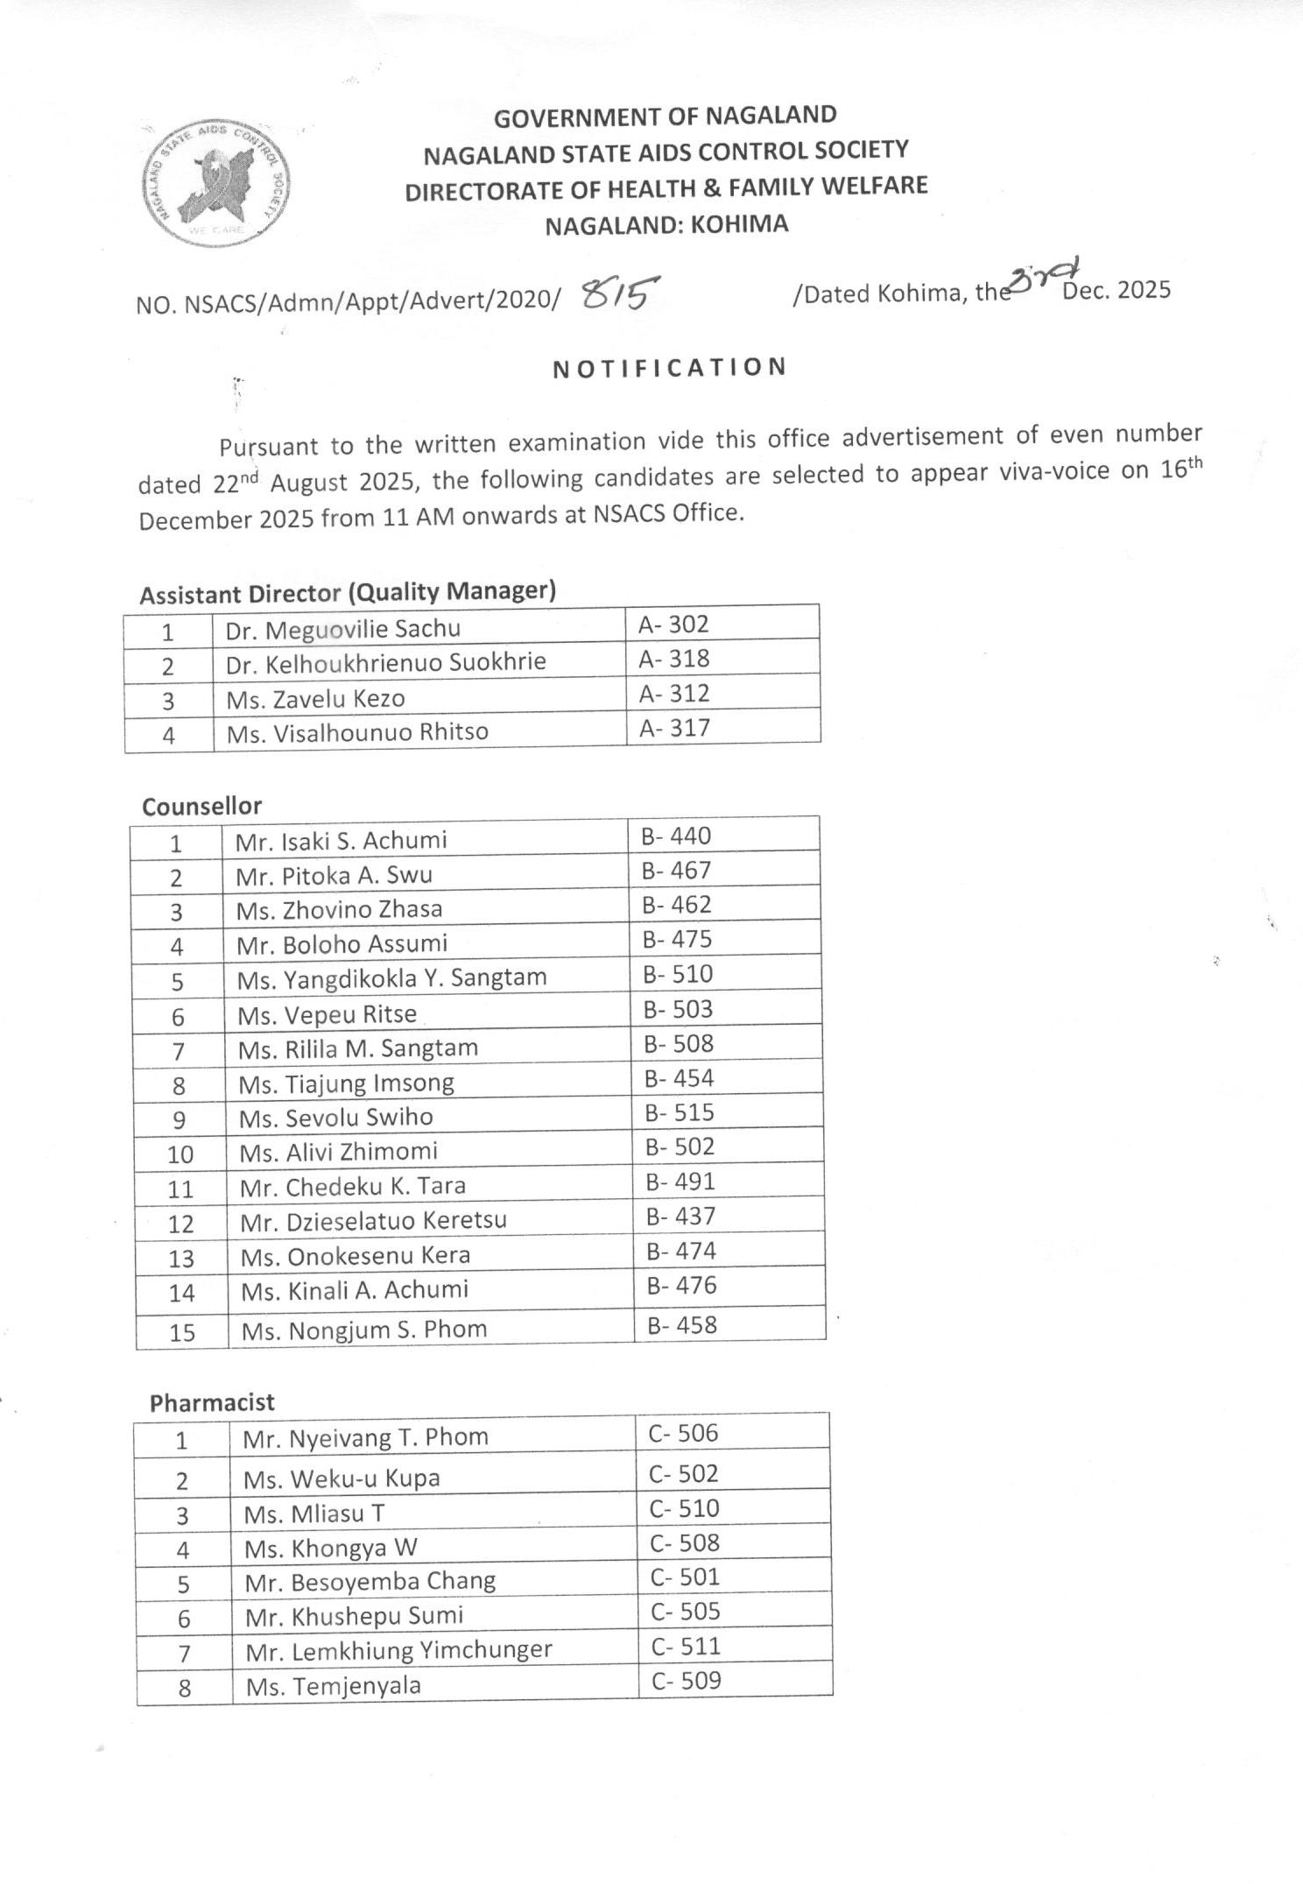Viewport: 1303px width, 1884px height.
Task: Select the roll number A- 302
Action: click(673, 624)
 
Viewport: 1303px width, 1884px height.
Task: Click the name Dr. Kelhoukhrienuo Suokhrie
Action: click(385, 663)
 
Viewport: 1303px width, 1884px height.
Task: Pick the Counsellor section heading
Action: click(201, 806)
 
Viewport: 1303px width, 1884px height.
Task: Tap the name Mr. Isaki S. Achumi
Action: click(341, 841)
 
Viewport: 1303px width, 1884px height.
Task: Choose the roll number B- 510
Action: click(678, 974)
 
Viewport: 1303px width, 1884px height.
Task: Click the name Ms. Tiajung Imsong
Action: click(346, 1083)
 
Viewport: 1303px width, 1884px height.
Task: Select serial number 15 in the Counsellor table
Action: click(182, 1332)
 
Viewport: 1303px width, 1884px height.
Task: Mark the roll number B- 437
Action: click(680, 1216)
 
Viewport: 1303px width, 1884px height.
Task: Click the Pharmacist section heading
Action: click(212, 1402)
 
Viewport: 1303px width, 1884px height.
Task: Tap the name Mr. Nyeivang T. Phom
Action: click(365, 1437)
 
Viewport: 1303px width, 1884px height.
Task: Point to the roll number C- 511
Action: click(686, 1646)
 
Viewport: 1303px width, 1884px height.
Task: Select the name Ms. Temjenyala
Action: click(333, 1686)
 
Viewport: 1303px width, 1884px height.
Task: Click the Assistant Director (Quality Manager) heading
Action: click(348, 593)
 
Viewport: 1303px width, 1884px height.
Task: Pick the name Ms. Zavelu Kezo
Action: click(315, 699)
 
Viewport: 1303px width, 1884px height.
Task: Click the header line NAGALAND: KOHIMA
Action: click(666, 225)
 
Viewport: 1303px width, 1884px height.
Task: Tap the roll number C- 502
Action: click(683, 1473)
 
